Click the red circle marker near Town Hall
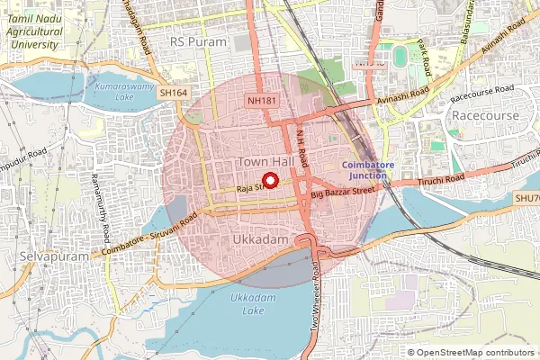click(x=269, y=179)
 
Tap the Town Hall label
click(x=265, y=160)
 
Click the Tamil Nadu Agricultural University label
click(x=33, y=29)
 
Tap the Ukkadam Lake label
click(x=247, y=303)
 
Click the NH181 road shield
click(x=261, y=102)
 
